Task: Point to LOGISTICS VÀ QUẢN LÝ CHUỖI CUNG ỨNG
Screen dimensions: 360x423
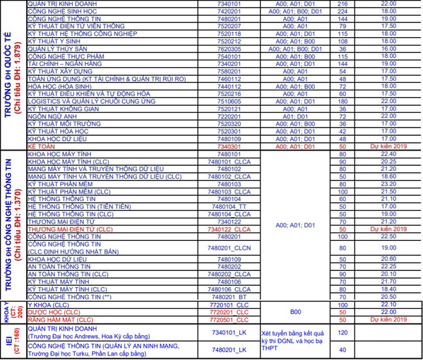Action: [x=91, y=101]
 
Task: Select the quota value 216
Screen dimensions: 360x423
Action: [x=342, y=3]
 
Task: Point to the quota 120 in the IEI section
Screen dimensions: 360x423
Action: [x=342, y=333]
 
